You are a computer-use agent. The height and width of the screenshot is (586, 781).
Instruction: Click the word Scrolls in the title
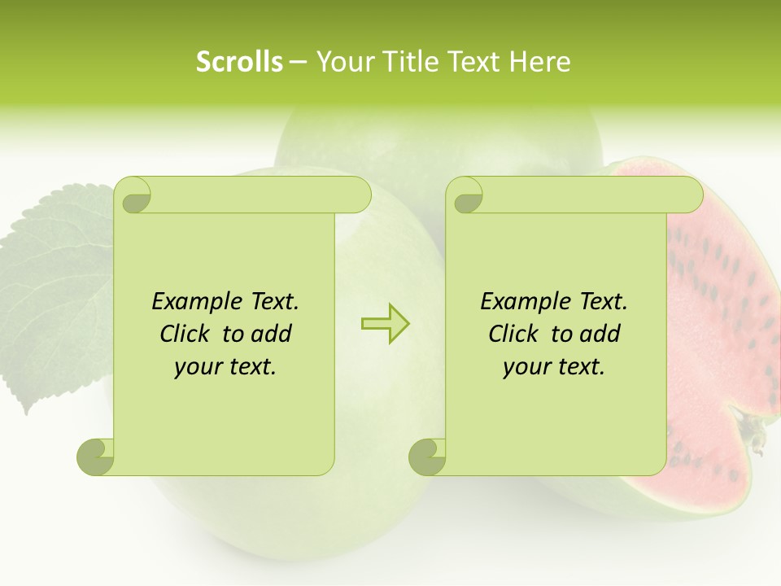pos(240,62)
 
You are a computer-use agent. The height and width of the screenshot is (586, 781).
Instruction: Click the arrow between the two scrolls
pos(385,323)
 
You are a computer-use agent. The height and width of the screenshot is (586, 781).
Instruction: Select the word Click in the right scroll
pos(513,334)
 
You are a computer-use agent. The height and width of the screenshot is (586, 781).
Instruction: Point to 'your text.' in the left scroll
pos(225,367)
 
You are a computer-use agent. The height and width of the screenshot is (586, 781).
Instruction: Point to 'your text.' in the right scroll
pos(554,367)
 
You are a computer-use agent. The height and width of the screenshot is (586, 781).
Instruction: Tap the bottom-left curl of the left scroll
pos(96,457)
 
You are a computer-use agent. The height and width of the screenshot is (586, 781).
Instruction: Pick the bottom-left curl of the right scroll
pos(427,457)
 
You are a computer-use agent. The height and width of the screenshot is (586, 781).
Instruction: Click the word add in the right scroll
pos(601,334)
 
